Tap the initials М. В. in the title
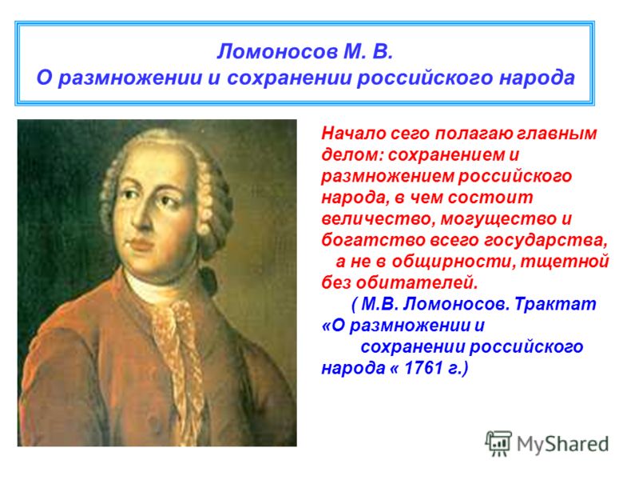pyautogui.click(x=368, y=51)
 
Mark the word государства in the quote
pyautogui.click(x=545, y=241)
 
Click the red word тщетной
pyautogui.click(x=564, y=262)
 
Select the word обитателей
pyautogui.click(x=416, y=282)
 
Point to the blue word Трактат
pyautogui.click(x=555, y=304)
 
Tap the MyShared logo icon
pyautogui.click(x=498, y=443)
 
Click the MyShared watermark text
pyautogui.click(x=562, y=444)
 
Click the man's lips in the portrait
pyautogui.click(x=141, y=244)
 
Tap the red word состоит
pyautogui.click(x=490, y=198)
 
